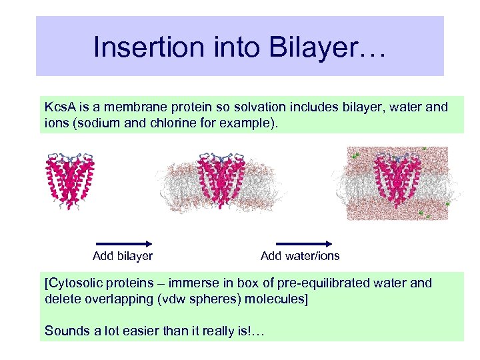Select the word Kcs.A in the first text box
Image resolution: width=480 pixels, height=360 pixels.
61,107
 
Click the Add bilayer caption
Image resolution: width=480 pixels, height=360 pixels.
123,256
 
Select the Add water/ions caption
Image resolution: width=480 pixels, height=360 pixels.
300,256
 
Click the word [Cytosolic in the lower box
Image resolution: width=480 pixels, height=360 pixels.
73,283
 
